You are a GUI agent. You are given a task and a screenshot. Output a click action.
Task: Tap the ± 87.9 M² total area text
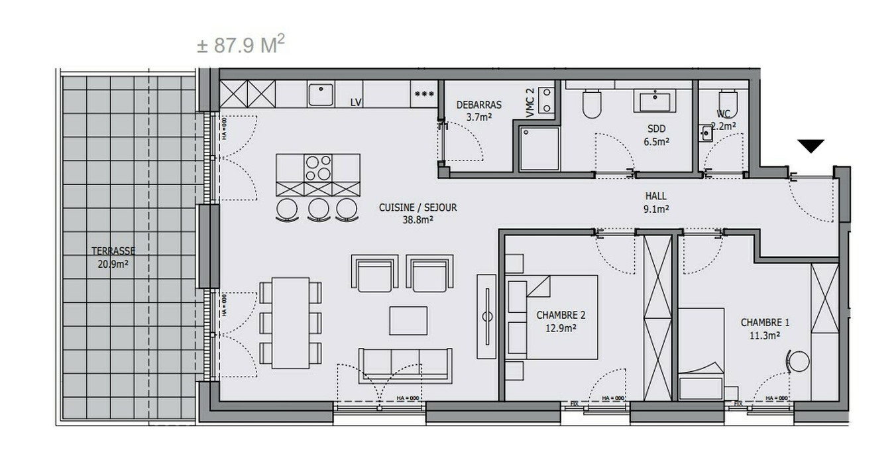click(x=241, y=45)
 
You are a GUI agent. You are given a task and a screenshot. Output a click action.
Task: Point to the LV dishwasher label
click(x=356, y=102)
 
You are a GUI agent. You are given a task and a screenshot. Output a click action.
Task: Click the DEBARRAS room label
click(x=478, y=105)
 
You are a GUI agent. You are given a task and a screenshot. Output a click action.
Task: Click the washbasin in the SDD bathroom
click(x=656, y=101)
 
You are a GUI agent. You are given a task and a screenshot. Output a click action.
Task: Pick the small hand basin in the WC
click(x=706, y=133)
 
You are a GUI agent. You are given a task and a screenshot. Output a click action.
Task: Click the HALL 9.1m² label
click(x=656, y=202)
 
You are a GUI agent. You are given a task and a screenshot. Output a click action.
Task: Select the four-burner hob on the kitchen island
click(x=318, y=167)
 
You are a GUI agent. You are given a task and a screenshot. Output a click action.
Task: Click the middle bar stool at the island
click(x=319, y=208)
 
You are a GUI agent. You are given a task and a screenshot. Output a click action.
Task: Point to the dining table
click(x=290, y=322)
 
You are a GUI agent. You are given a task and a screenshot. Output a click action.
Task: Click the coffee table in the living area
click(x=408, y=320)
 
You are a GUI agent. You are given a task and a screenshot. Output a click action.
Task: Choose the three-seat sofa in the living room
click(x=405, y=363)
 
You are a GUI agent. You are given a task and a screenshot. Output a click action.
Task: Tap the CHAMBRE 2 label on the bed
click(x=561, y=321)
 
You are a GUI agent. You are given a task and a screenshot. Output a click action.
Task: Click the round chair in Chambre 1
click(x=799, y=362)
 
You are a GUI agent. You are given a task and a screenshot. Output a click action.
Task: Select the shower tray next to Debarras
click(x=539, y=148)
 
